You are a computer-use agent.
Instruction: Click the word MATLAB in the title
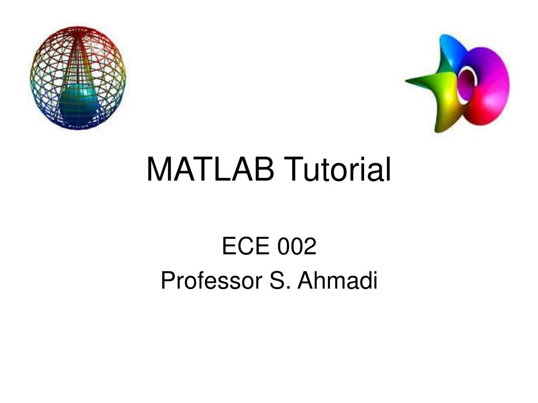[210, 170]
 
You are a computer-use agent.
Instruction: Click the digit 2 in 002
[309, 246]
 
